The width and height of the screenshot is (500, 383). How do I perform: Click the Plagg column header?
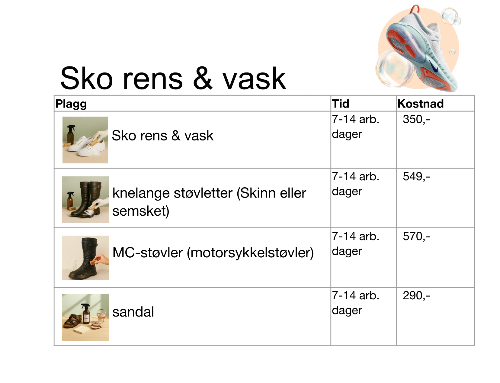point(71,104)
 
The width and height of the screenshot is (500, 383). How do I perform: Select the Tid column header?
point(340,104)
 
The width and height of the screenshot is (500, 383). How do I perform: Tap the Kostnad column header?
point(420,104)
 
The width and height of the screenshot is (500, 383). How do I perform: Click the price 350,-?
point(416,119)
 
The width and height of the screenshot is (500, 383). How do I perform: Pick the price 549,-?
point(416,177)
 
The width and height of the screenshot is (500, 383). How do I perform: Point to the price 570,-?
point(416,237)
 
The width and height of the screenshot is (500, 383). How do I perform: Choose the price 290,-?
point(416,295)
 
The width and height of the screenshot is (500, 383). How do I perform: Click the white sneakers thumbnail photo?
point(85,140)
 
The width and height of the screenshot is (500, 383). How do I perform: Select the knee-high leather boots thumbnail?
point(85,200)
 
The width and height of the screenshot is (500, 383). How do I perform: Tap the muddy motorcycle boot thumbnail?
point(85,258)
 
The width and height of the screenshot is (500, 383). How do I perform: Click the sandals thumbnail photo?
point(85,317)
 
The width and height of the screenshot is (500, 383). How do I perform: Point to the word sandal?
point(133,312)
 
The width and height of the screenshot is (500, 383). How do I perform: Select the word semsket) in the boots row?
point(141,211)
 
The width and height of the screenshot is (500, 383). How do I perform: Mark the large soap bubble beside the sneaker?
point(395,68)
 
